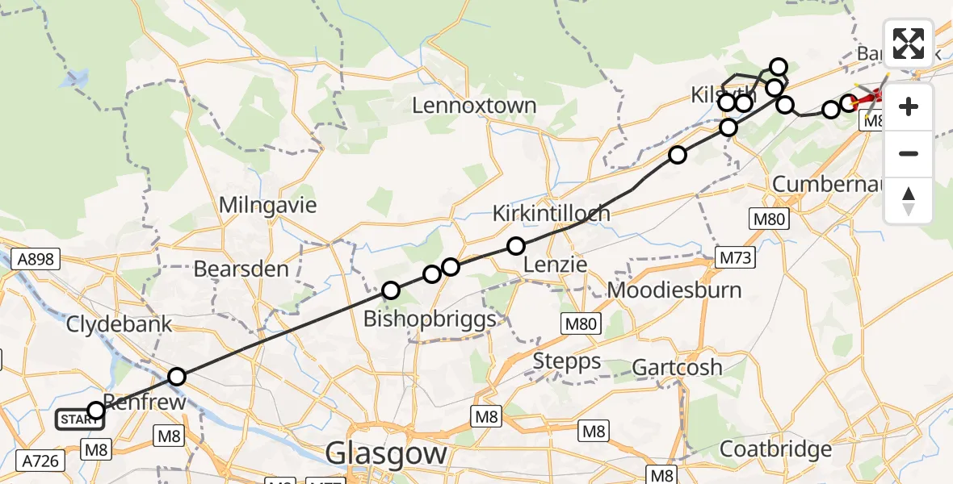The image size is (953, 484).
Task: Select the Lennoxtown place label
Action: (x=474, y=106)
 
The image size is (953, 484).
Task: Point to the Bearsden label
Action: (x=241, y=269)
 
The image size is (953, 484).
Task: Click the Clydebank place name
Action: (x=119, y=325)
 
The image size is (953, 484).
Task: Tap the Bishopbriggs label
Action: (x=429, y=319)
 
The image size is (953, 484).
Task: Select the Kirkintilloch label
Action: (x=552, y=214)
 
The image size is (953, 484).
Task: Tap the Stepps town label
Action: (x=567, y=361)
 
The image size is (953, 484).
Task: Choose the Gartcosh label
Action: (x=677, y=368)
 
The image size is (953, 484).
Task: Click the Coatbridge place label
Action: (x=775, y=449)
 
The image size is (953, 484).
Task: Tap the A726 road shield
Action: (x=40, y=461)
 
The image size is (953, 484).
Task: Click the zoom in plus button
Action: (x=909, y=106)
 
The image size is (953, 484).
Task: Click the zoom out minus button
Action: (x=909, y=153)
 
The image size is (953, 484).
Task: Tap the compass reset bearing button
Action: (x=909, y=200)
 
